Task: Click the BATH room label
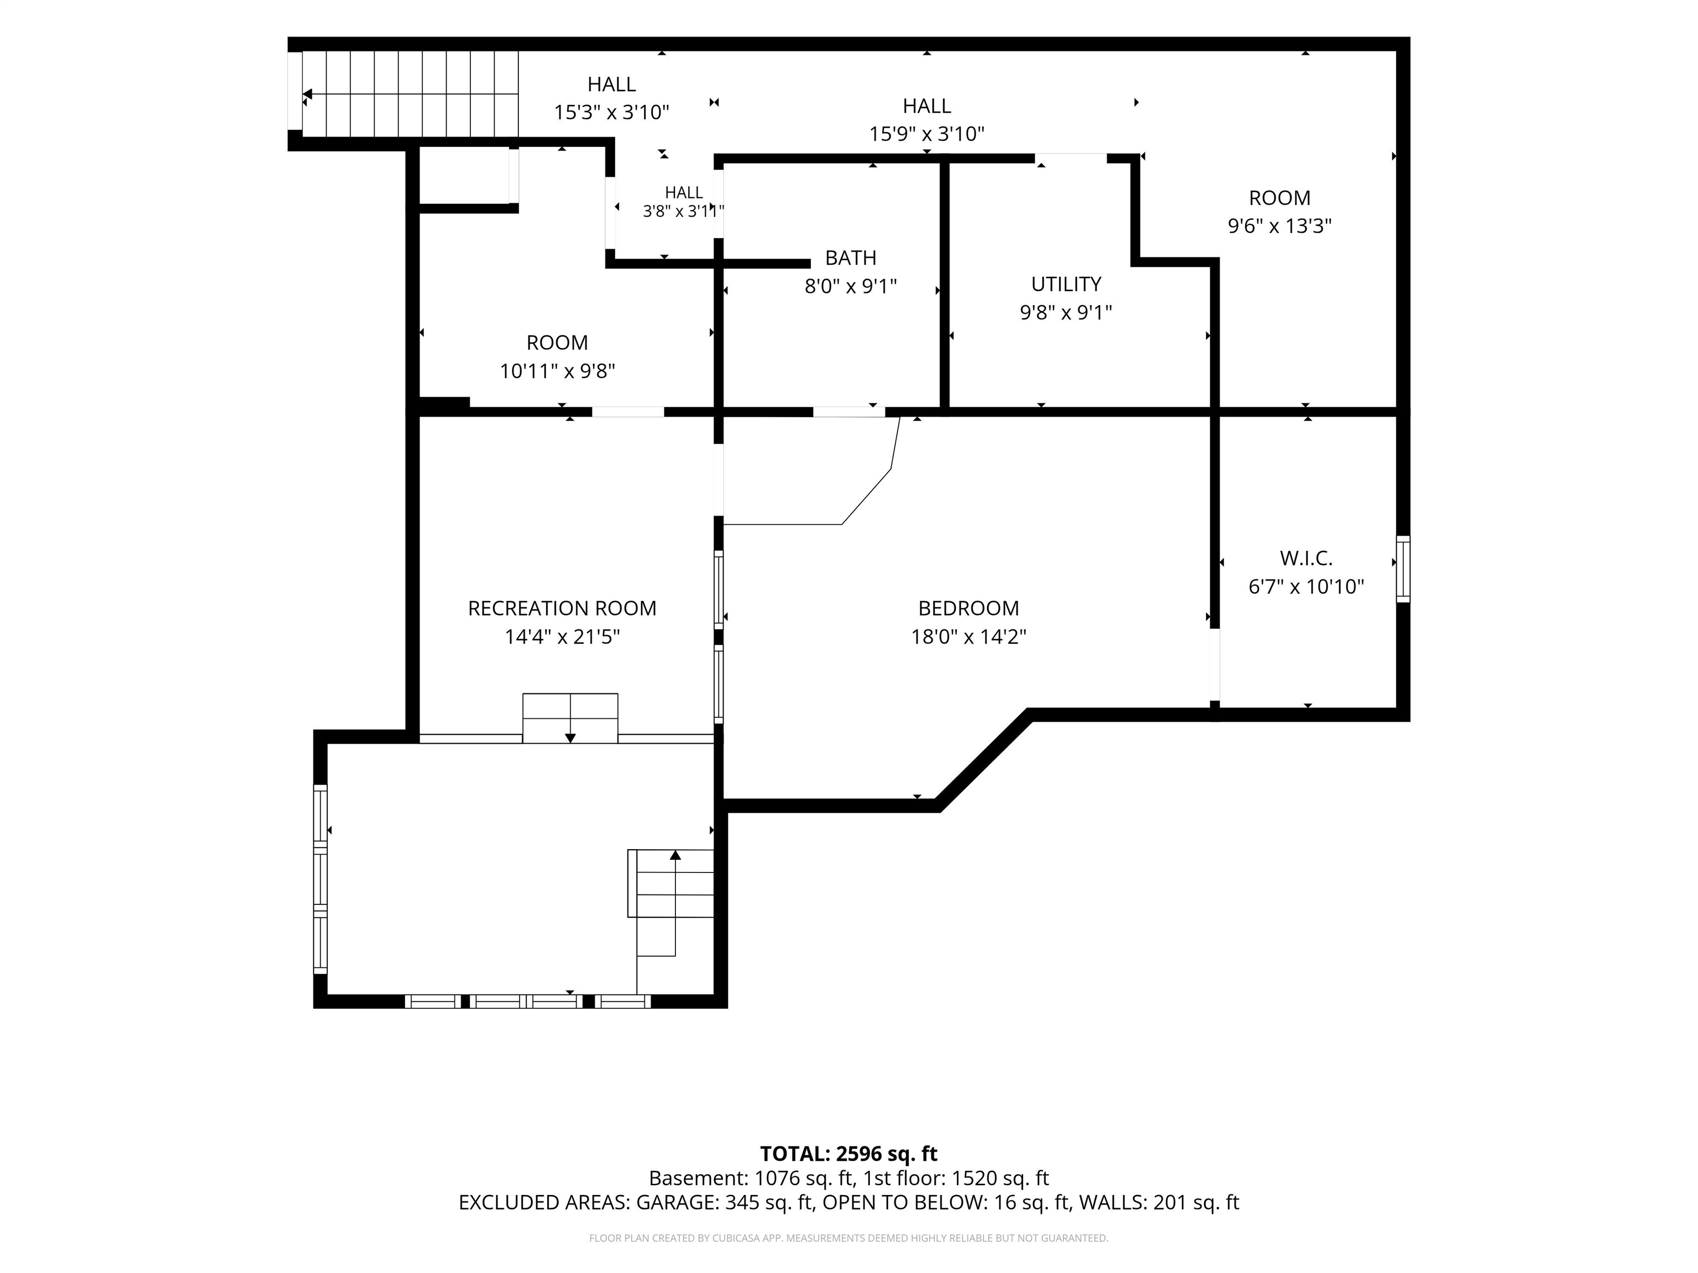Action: [851, 258]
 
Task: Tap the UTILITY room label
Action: [1066, 285]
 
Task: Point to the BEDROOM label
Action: [969, 608]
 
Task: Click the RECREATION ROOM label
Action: [563, 608]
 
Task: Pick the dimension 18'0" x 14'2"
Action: [969, 637]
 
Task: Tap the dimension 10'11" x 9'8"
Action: [557, 371]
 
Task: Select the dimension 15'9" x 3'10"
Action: [926, 134]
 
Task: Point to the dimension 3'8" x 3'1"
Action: [683, 211]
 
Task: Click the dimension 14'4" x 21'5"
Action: [563, 637]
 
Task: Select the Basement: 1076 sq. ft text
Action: [752, 1178]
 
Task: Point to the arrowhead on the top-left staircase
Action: [307, 94]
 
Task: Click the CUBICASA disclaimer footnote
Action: [849, 1238]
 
